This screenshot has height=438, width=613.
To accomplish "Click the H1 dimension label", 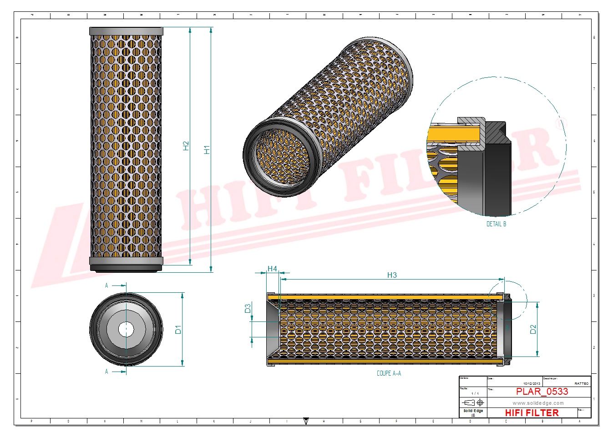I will [x=207, y=149].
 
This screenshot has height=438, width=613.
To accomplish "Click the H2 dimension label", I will [x=186, y=146].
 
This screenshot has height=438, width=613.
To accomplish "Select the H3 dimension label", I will [x=392, y=275].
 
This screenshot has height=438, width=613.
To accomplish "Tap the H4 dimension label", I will [x=272, y=269].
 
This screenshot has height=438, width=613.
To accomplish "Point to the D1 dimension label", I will [x=178, y=329].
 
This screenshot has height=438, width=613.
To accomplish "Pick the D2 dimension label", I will [x=533, y=329].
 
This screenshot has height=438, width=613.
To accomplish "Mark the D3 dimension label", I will [x=248, y=308].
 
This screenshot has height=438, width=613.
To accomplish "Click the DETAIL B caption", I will [x=496, y=224].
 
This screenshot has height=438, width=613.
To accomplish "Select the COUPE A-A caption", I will [x=389, y=373].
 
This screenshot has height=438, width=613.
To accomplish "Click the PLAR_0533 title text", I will [x=542, y=392].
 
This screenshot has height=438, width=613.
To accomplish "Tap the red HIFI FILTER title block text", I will [x=532, y=413].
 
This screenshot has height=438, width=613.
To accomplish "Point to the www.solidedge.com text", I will [x=538, y=403].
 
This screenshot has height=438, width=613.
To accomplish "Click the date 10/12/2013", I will [x=532, y=384].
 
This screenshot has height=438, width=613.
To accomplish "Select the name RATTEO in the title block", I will [x=581, y=384].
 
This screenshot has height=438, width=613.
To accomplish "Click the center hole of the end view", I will [x=126, y=329].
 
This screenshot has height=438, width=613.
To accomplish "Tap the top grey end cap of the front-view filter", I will [x=126, y=31].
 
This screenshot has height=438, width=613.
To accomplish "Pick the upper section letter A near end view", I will [x=106, y=285].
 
